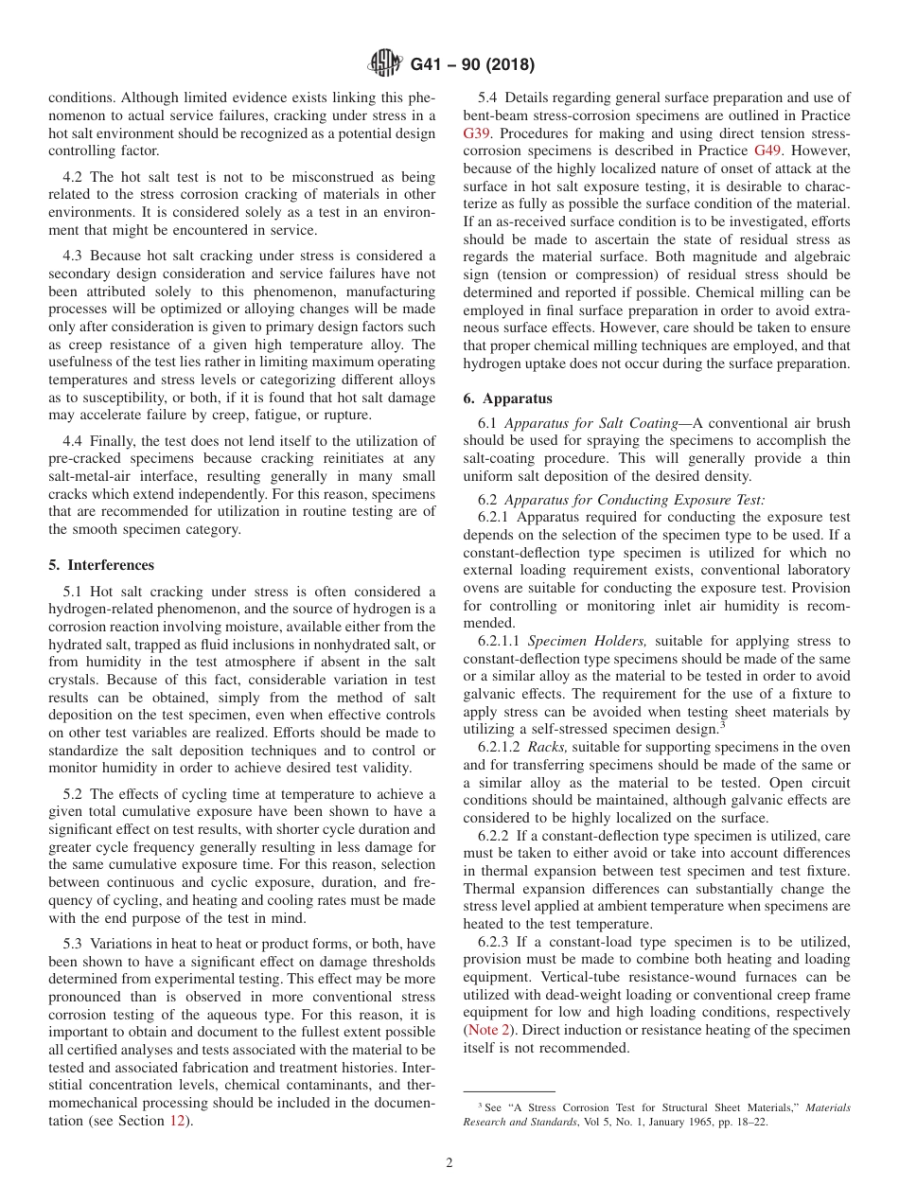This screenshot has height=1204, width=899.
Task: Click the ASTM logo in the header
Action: pos(384,64)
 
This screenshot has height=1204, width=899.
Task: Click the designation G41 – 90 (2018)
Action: pos(472,65)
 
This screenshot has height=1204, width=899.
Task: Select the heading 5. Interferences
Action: pos(101,565)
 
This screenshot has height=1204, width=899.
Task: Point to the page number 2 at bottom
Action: pos(449,1163)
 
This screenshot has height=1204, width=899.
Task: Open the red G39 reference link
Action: pos(478,133)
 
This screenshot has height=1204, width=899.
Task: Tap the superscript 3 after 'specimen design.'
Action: pos(721,724)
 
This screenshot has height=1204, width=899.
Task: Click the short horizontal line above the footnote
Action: pos(508,1091)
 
